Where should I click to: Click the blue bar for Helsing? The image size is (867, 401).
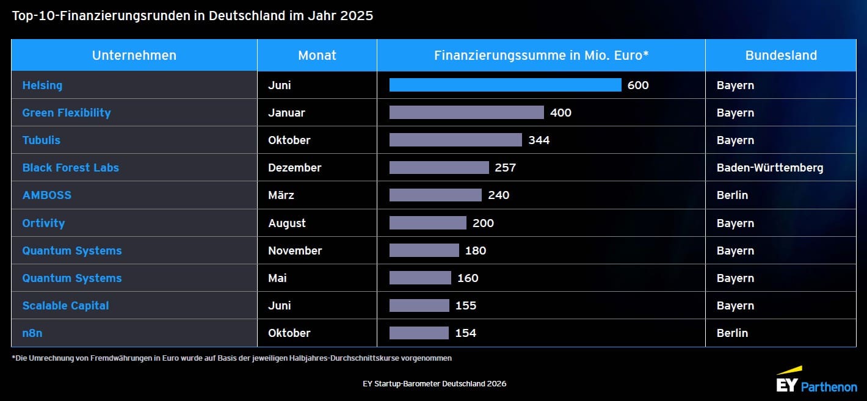(505, 85)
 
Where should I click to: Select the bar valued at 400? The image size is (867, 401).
(466, 112)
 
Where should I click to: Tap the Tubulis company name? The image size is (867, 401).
(42, 140)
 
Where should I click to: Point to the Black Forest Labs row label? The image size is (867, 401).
(71, 167)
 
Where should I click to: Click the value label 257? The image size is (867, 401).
(506, 167)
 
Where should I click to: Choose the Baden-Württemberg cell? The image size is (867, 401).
(769, 167)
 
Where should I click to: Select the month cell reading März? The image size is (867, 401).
(281, 195)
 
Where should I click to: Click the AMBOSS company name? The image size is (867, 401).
(47, 195)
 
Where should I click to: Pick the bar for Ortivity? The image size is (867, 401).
(427, 223)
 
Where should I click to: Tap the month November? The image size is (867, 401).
(295, 250)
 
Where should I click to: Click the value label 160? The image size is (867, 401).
(468, 278)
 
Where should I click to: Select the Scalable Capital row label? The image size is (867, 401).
(65, 305)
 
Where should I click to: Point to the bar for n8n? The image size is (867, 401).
(419, 333)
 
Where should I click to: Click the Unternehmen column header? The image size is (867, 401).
(134, 55)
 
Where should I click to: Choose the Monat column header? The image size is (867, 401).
(317, 55)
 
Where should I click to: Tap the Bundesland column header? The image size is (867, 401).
(781, 55)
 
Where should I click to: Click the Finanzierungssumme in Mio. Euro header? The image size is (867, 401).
(541, 55)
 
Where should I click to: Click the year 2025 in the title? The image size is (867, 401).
(357, 16)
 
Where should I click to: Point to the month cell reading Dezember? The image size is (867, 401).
(295, 167)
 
